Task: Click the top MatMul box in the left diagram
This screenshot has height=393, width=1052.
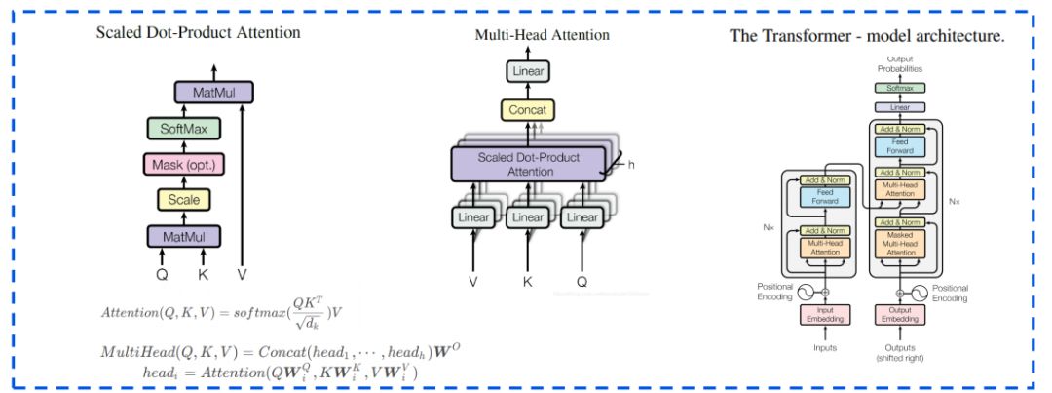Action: tap(213, 93)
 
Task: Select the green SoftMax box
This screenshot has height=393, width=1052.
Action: tap(184, 128)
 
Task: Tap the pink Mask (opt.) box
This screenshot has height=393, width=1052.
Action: tap(184, 164)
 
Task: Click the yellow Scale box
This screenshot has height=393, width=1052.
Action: tap(184, 200)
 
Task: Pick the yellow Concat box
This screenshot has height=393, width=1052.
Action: tap(528, 109)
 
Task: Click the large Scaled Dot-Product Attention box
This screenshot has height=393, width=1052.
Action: tap(529, 164)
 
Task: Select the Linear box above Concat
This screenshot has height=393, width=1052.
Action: tap(528, 72)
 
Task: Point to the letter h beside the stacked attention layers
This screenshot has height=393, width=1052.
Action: tap(630, 165)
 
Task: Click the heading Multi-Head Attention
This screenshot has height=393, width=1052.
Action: tap(542, 35)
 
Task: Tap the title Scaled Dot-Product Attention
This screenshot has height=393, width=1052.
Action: tap(198, 32)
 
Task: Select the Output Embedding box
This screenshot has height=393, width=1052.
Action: tap(901, 314)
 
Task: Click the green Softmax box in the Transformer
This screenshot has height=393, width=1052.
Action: tap(901, 88)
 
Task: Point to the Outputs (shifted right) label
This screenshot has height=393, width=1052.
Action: tap(901, 352)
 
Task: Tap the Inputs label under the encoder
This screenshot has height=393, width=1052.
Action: tap(823, 347)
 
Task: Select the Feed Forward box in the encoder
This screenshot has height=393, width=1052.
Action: tap(823, 197)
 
